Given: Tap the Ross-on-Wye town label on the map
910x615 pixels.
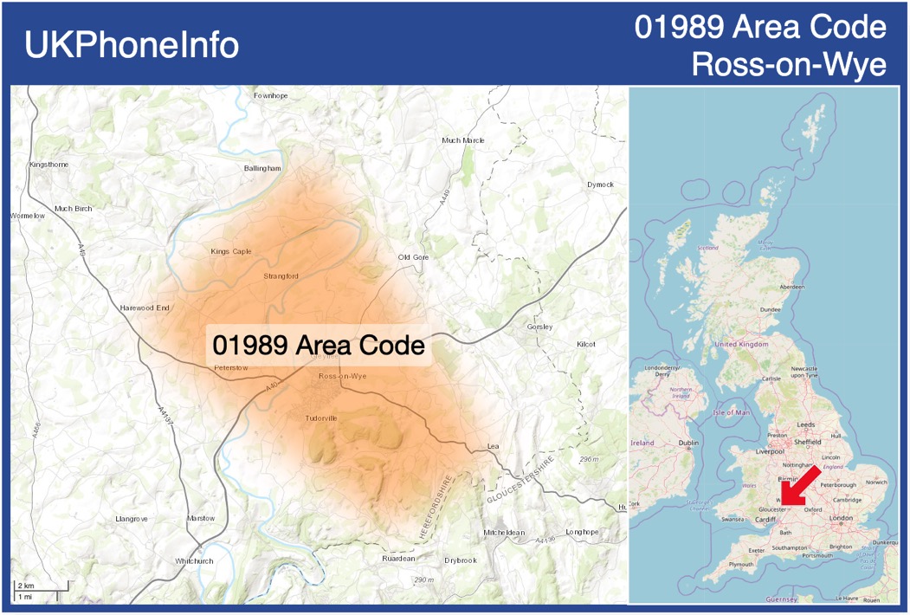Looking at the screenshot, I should click(x=343, y=376).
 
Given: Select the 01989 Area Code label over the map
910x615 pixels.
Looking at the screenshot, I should click(x=319, y=345).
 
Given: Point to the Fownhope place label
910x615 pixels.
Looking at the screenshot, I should click(x=270, y=95).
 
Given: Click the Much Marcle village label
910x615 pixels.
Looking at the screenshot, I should click(x=463, y=140).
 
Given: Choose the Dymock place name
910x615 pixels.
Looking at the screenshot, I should click(x=600, y=184).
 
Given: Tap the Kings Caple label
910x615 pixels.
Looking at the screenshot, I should click(x=231, y=251).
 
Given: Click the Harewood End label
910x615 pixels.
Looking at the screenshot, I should click(x=145, y=307).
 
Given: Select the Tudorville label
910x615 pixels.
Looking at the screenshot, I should click(x=320, y=418).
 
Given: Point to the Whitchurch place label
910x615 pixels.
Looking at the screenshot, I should click(x=194, y=561).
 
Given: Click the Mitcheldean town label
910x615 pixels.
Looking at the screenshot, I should click(x=505, y=532).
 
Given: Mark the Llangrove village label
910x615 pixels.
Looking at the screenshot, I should click(x=132, y=519).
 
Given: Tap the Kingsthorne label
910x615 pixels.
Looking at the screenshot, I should click(x=48, y=164).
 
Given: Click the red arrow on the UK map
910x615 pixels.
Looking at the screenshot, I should click(x=804, y=484).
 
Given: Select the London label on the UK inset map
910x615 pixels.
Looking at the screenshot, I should click(x=841, y=518).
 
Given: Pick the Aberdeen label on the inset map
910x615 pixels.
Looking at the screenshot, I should click(x=791, y=287).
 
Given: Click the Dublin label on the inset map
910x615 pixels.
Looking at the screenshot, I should click(x=689, y=443).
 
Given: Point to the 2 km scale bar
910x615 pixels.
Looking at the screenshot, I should click(x=40, y=587).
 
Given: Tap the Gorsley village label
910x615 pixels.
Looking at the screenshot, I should click(x=539, y=327).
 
